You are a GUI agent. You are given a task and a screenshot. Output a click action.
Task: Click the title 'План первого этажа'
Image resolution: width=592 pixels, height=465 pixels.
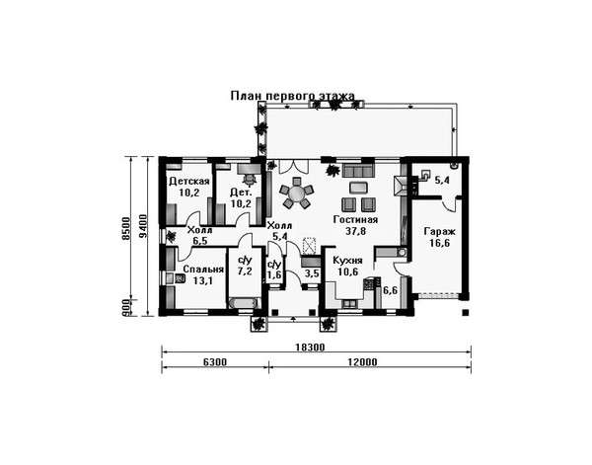click(293, 96)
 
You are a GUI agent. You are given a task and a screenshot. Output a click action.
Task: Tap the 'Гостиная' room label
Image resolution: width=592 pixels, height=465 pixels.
click(355, 219)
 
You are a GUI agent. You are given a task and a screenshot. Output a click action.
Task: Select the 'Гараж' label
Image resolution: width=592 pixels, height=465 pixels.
click(439, 231)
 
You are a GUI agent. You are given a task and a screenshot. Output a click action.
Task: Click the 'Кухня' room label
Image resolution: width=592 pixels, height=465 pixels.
click(347, 261)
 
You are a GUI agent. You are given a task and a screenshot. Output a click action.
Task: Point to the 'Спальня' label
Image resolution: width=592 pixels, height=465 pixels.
click(203, 270)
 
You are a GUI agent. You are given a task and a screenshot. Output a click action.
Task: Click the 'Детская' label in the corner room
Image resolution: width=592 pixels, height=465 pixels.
click(188, 182)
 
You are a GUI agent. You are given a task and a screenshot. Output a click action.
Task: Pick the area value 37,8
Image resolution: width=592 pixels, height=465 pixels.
click(355, 231)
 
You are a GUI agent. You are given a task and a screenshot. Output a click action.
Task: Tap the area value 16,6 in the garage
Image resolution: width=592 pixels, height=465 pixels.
click(439, 243)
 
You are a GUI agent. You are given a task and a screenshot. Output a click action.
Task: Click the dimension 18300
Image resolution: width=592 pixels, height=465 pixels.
click(310, 348)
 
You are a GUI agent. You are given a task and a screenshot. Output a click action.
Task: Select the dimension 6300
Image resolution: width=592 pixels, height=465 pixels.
click(215, 362)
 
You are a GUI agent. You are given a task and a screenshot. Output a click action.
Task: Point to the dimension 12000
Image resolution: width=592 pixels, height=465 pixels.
click(362, 362)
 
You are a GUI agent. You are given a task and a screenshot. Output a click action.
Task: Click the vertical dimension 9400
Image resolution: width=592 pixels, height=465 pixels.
click(143, 227)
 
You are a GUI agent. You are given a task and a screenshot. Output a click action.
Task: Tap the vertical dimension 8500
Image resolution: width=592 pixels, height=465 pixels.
click(125, 228)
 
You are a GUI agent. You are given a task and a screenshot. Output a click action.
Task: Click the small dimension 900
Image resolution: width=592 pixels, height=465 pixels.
click(125, 308)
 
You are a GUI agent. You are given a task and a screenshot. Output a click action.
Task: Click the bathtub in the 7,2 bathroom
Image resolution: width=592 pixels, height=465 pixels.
click(244, 303)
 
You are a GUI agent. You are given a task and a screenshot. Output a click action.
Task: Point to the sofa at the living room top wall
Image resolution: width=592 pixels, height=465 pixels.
click(358, 171)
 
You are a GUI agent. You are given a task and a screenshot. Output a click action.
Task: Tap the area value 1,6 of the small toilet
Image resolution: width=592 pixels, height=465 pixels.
click(274, 274)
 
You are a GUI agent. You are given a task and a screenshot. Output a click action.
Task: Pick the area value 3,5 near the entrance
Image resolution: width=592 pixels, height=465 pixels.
click(312, 273)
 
